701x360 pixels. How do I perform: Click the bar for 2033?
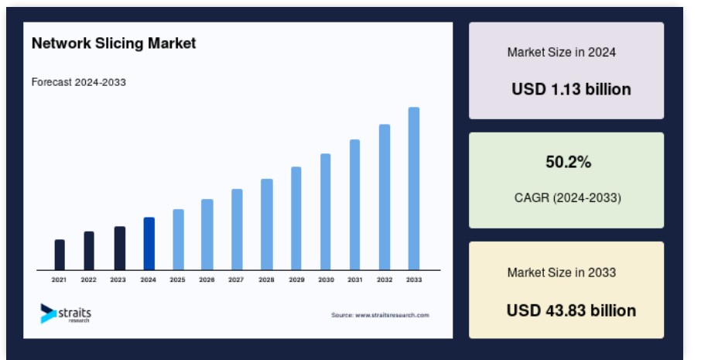(x=413, y=188)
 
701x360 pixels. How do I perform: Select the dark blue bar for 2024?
(x=149, y=244)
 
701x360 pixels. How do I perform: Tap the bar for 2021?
(x=60, y=255)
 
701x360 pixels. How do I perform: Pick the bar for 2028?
(x=267, y=225)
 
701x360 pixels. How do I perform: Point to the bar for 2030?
(x=326, y=212)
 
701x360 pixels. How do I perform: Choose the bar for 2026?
(x=207, y=235)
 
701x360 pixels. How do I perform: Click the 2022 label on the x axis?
(x=88, y=280)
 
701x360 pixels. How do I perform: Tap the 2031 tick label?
(x=355, y=280)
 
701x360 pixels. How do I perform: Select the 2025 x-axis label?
(x=177, y=280)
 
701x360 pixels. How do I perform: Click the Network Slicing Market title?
(x=114, y=43)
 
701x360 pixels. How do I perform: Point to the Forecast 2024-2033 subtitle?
(x=79, y=82)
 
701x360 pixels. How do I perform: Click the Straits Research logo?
(x=66, y=314)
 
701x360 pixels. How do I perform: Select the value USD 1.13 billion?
(x=571, y=90)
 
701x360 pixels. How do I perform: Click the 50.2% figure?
(x=568, y=162)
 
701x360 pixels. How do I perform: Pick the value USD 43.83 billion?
(x=571, y=310)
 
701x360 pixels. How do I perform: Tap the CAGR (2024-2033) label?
(x=568, y=197)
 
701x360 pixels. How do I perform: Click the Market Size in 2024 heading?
(x=562, y=53)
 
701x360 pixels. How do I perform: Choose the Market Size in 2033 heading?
(x=562, y=273)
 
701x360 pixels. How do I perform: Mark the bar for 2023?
(x=120, y=249)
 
